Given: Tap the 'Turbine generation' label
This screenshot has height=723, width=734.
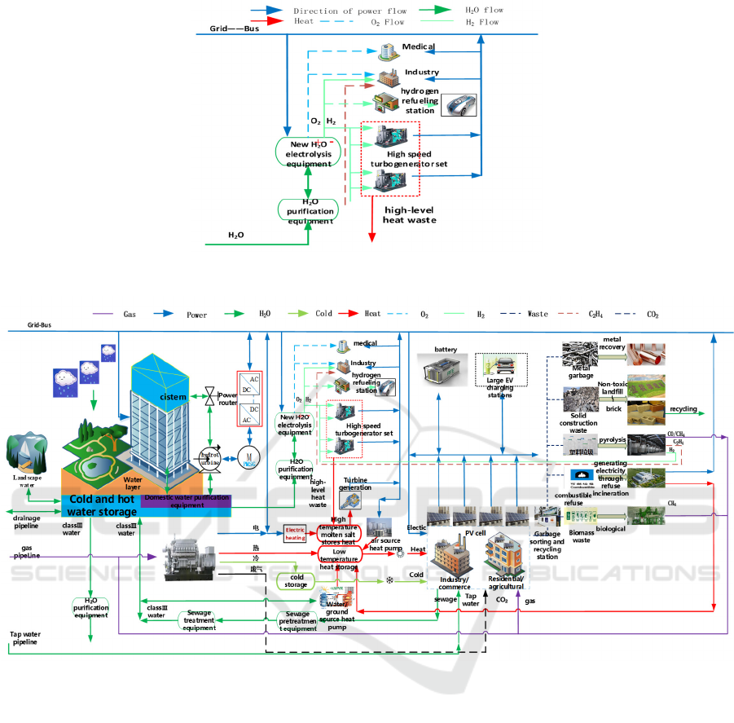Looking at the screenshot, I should (x=355, y=483).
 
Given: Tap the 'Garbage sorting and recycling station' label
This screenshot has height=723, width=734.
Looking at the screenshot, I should (x=548, y=544).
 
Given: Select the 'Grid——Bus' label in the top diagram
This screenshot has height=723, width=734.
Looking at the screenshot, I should (x=223, y=28).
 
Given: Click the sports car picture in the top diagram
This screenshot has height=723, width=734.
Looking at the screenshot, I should (x=459, y=106).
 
